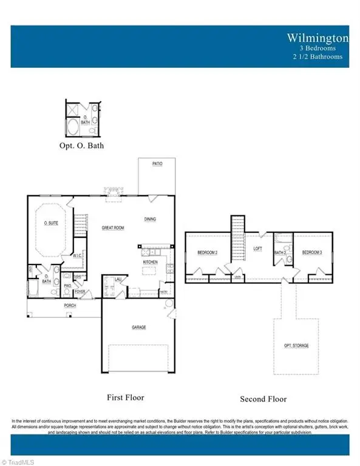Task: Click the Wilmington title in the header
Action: (319, 38)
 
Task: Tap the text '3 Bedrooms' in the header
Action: (322, 48)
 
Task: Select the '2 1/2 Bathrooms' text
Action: (318, 56)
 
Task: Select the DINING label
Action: (151, 219)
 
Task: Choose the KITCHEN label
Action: (151, 262)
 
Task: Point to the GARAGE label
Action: (139, 327)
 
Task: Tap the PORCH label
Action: (70, 305)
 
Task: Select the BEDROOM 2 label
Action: (207, 252)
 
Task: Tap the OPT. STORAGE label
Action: (297, 345)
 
